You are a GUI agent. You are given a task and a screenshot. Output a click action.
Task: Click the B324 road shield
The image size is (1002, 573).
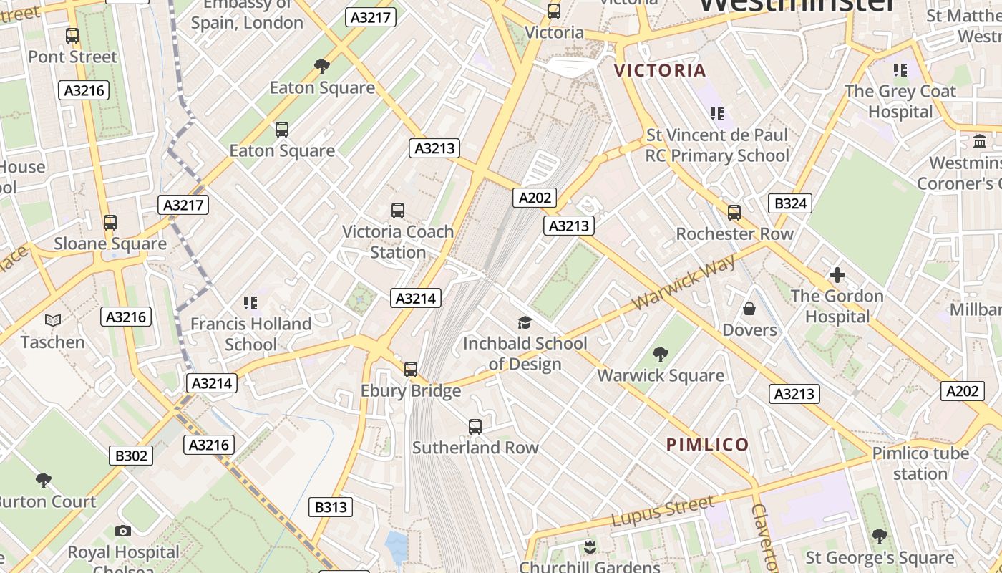point(791,203)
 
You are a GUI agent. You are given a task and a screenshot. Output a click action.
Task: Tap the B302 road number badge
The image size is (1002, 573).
point(131,456)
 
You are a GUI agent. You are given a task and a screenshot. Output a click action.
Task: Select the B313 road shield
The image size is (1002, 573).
point(331,507)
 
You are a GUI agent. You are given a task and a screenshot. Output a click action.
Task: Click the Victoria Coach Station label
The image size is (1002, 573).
point(398,242)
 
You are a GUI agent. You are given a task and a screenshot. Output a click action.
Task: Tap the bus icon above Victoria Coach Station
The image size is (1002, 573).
point(398,211)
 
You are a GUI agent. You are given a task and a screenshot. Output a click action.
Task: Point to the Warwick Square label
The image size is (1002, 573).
point(660,375)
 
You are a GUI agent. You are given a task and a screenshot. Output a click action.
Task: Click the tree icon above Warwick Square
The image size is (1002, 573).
point(660,354)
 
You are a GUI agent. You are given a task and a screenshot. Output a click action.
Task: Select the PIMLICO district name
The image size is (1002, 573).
point(707,445)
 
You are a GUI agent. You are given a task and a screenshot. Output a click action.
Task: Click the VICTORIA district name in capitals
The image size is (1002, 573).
point(660,70)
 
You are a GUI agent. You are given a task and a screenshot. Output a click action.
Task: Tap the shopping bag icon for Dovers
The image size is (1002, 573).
point(749,309)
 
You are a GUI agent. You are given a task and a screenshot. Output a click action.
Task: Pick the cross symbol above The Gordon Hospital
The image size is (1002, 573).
point(837,275)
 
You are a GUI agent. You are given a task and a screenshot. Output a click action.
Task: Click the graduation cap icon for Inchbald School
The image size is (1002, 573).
point(525,322)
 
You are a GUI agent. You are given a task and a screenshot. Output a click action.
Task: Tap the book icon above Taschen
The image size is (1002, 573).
point(53,320)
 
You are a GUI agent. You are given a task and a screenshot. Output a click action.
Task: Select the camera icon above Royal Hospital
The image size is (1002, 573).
point(123,531)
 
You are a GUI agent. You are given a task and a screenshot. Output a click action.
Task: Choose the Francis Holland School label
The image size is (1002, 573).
point(250,334)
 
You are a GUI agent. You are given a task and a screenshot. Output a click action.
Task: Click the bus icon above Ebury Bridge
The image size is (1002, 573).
point(410,370)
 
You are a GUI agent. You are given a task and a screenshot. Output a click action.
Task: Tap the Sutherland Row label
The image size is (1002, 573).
point(475,448)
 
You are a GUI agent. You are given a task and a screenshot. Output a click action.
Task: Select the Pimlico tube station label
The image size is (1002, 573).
point(920,463)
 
